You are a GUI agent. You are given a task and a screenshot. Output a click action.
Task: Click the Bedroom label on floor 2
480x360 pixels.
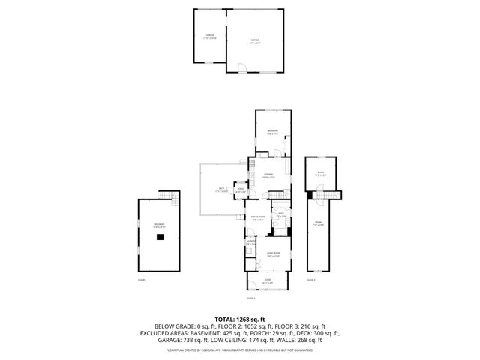pos(272,132)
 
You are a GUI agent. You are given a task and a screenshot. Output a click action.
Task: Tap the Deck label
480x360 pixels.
pos(222,188)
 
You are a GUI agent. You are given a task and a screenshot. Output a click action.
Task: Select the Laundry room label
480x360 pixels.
pos(250,242)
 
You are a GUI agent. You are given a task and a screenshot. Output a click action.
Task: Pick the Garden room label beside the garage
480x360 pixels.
pos(210,36)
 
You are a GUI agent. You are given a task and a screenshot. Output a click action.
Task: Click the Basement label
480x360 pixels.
pos(159,225)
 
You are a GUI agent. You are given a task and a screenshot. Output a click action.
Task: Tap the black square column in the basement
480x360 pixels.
pos(160,236)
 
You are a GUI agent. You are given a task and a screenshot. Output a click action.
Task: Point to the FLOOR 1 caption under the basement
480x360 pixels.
pos(142,279)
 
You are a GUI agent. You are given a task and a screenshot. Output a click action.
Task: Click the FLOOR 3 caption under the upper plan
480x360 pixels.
pos(311,279)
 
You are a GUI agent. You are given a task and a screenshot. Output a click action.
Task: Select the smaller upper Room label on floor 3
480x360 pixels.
pos(320,173)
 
